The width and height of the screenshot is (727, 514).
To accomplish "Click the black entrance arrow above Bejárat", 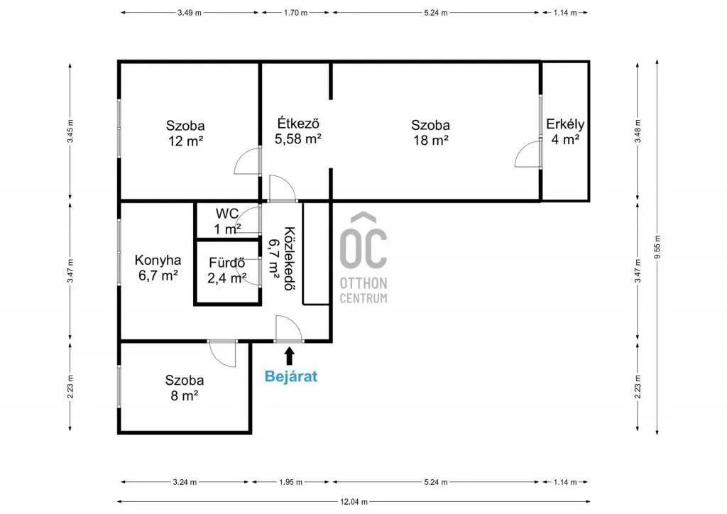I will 289,355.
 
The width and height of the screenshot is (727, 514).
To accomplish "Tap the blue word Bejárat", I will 290,376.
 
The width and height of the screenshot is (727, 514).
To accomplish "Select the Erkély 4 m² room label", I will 565,132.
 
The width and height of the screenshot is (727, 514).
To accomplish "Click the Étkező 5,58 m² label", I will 298,131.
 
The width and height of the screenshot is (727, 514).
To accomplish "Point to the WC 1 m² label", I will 228,221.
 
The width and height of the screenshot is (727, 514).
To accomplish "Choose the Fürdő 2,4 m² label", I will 227,270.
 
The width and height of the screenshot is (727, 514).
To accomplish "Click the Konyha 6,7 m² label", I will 158,268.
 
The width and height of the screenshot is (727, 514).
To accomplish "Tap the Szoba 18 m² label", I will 430,133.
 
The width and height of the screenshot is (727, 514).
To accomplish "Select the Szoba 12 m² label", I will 185,133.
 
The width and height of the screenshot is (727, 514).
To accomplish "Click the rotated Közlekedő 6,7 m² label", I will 281,252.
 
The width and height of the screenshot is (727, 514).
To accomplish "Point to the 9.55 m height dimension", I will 657,248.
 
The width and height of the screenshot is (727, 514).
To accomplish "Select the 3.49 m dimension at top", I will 189,13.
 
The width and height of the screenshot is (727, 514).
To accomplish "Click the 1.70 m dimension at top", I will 295,13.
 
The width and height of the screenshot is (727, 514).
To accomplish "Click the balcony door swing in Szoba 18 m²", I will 528,154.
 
